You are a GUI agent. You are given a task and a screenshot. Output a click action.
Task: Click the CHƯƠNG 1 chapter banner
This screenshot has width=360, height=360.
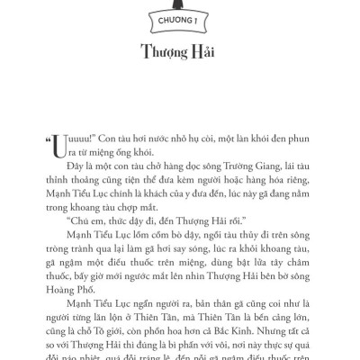coord(179,13)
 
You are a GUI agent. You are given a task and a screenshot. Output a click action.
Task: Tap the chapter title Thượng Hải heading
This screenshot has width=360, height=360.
coord(179,49)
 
